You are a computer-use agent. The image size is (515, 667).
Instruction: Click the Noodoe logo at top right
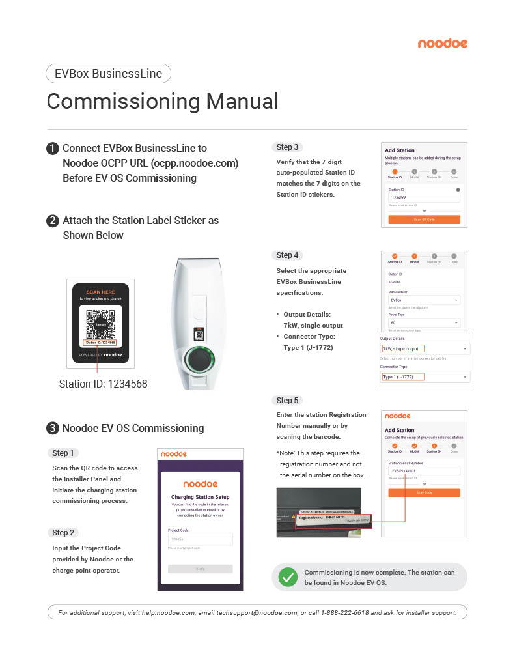[442, 44]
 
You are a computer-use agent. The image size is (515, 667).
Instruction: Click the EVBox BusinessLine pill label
[108, 74]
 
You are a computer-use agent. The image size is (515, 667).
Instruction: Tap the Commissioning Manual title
[162, 102]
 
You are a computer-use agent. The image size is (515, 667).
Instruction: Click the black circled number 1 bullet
[53, 149]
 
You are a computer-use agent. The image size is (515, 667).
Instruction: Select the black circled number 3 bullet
[53, 428]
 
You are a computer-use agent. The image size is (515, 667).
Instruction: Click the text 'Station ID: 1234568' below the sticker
[103, 384]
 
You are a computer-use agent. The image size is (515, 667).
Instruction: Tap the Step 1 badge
[63, 453]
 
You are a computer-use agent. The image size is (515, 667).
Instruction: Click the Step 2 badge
[63, 532]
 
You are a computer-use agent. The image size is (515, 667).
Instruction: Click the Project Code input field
[200, 539]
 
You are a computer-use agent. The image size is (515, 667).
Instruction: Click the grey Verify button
[200, 569]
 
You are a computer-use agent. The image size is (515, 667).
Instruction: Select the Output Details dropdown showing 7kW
[425, 349]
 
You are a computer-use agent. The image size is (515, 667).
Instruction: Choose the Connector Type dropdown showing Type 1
[425, 377]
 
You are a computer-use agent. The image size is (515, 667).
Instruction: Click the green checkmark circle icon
[287, 576]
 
